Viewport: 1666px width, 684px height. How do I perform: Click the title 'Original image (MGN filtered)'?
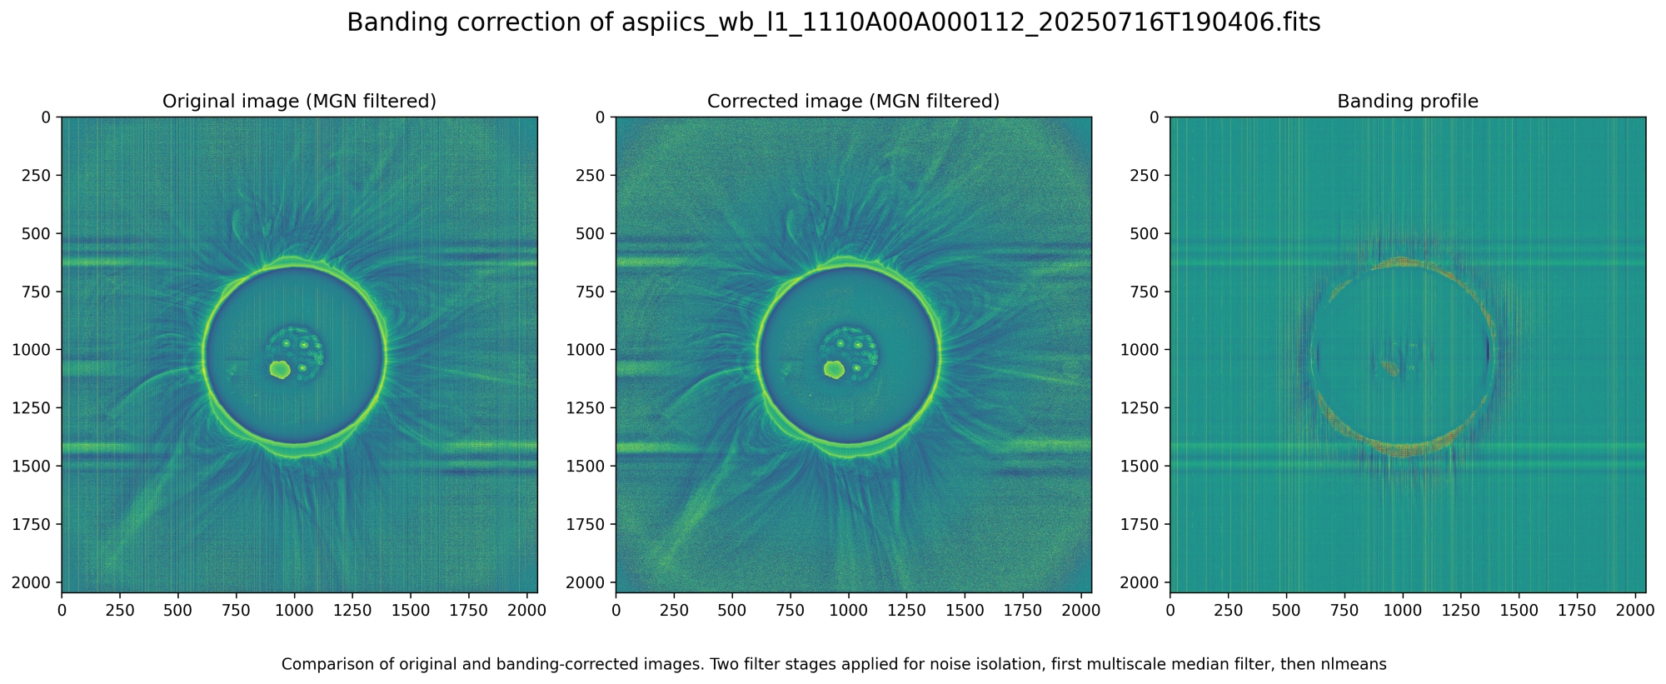(x=299, y=102)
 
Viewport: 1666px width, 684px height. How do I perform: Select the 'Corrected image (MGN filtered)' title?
(x=853, y=102)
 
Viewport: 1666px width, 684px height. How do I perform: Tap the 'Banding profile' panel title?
(x=1407, y=102)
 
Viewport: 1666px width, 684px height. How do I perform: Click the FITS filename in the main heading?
(x=971, y=23)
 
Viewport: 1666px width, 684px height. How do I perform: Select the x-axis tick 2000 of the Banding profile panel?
(x=1635, y=611)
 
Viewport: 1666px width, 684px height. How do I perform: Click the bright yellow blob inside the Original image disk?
(x=280, y=369)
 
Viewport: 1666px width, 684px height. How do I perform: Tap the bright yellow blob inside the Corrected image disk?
(x=834, y=369)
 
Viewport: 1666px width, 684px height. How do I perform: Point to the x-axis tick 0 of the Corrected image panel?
(x=616, y=611)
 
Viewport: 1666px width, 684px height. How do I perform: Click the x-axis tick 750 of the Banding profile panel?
(x=1344, y=611)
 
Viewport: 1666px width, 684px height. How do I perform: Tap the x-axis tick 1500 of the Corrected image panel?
(x=965, y=611)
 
